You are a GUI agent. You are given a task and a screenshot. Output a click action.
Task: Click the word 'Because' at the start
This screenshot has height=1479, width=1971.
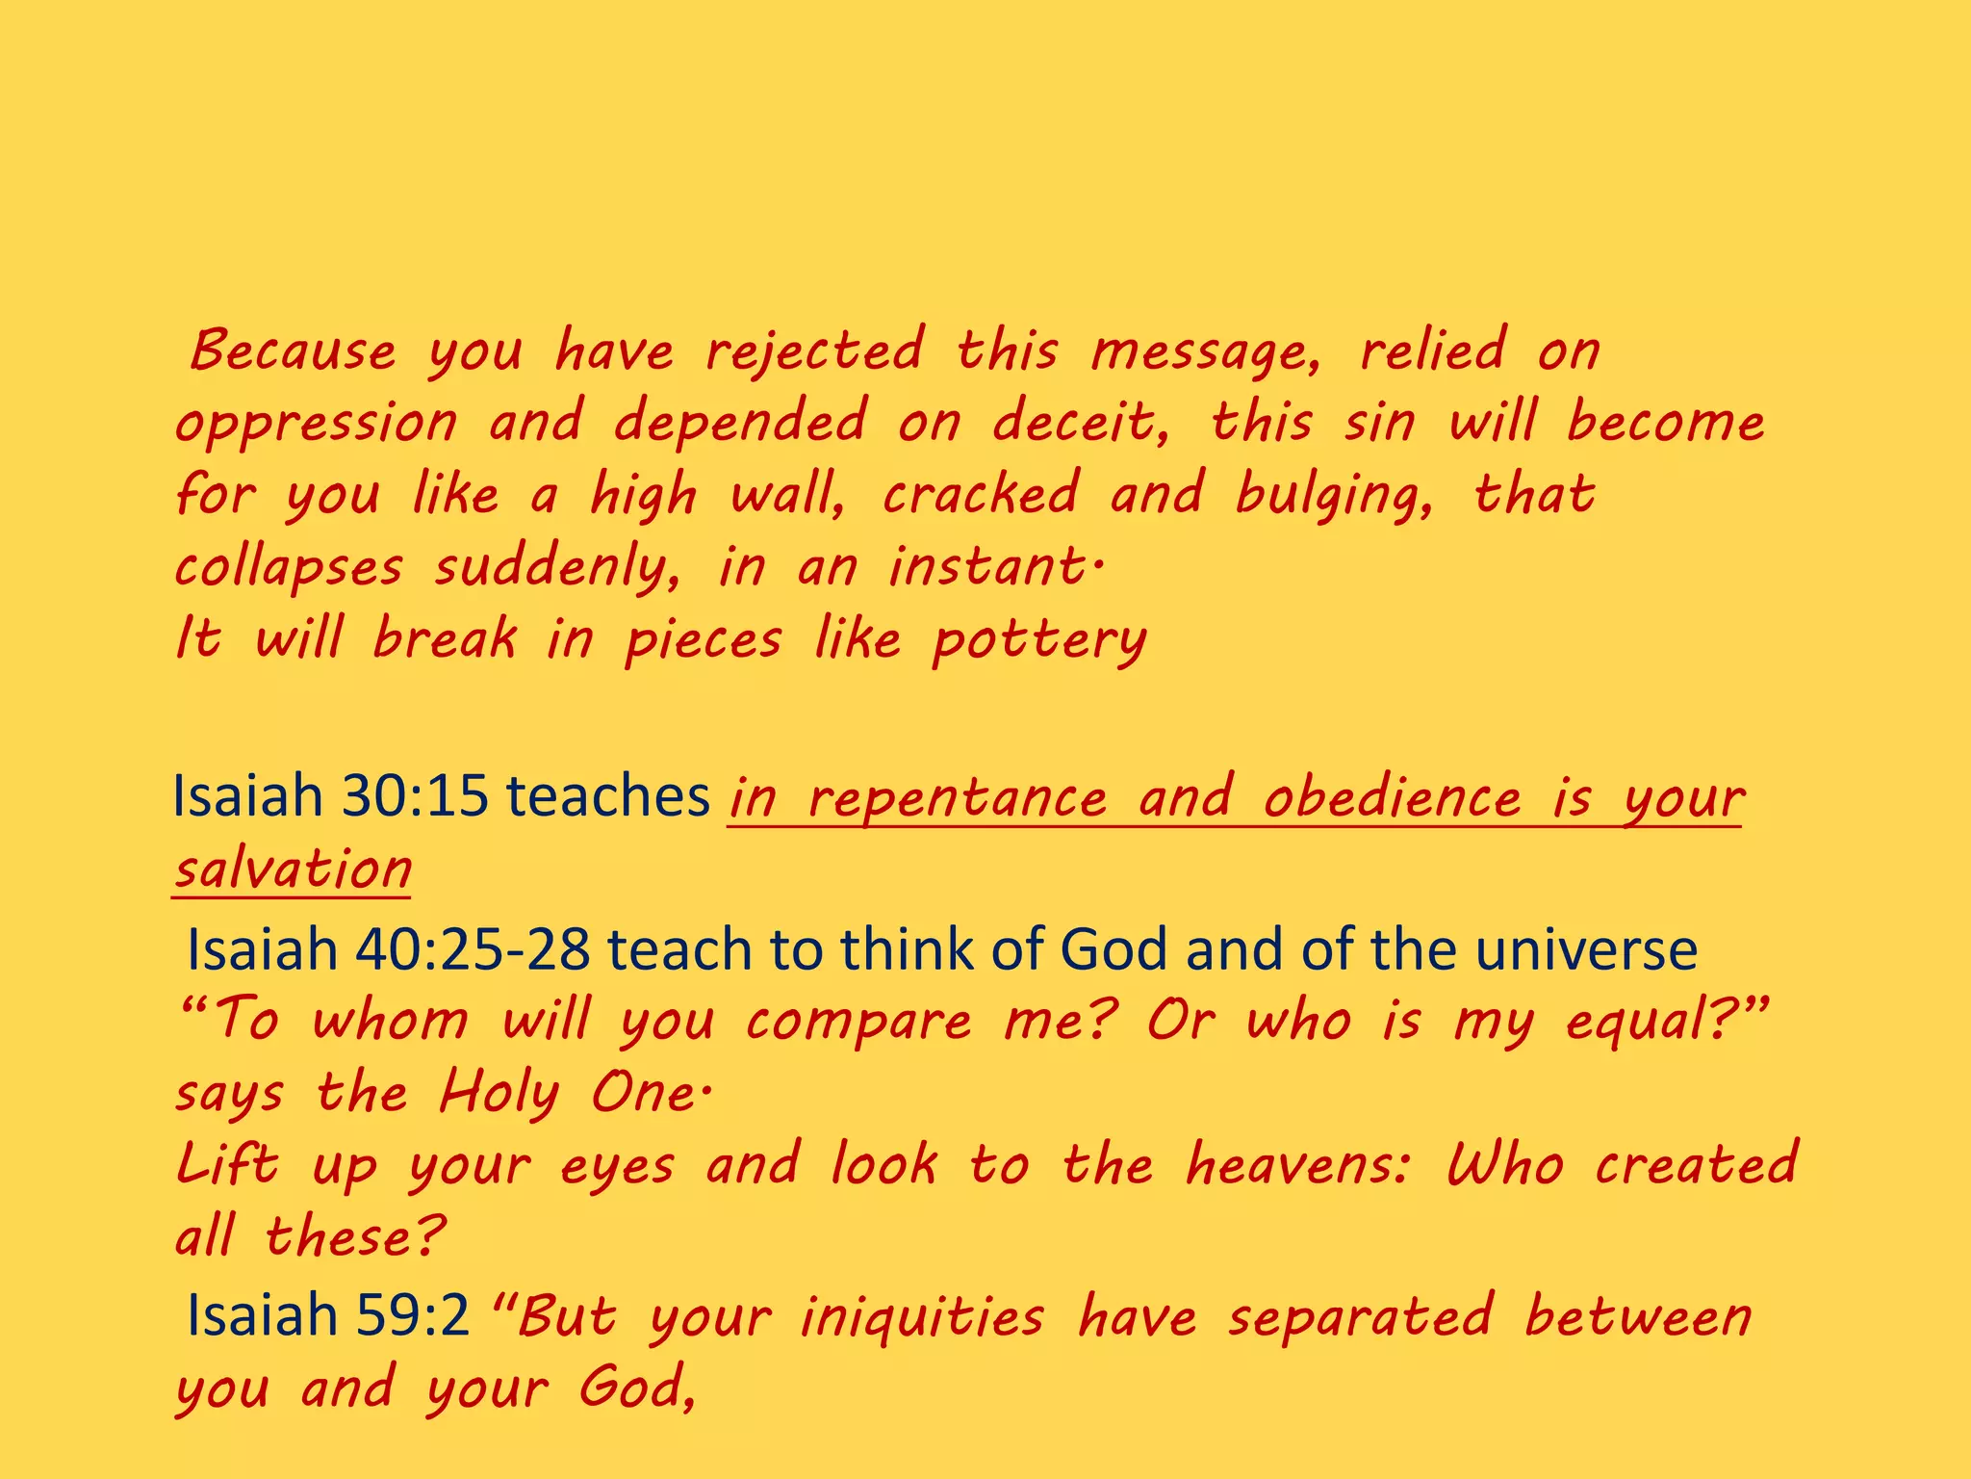293,350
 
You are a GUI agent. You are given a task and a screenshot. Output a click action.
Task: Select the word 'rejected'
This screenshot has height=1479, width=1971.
814,350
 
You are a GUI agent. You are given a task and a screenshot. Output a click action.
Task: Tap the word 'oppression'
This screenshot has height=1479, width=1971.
316,424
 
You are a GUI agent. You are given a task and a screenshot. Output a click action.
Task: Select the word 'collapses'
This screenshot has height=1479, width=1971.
289,568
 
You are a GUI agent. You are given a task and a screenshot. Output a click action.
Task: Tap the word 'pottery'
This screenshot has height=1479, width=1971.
1039,641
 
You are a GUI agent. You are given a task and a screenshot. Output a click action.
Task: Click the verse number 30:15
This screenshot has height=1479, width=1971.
415,797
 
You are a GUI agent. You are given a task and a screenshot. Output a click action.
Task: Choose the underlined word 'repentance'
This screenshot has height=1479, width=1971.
957,799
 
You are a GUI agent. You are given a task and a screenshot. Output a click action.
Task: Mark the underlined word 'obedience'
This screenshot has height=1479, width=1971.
1392,799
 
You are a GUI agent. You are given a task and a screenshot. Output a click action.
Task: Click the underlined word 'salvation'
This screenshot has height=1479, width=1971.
293,869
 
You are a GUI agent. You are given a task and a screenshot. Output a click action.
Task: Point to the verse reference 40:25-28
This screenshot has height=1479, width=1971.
473,949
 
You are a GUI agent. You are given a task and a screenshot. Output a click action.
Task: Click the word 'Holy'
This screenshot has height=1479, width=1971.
499,1095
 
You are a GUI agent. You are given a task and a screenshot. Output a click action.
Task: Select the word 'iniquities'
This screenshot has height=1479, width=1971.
922,1317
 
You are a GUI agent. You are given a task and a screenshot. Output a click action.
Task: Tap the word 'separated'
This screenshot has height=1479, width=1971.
1361,1317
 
